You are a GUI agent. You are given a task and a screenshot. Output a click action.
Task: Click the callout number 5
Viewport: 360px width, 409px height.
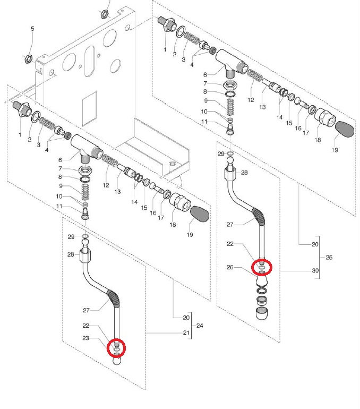click(32, 29)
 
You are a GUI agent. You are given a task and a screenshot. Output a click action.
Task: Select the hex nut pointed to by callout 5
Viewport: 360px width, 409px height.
click(29, 58)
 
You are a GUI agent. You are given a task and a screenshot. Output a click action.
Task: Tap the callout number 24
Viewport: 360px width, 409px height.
click(200, 325)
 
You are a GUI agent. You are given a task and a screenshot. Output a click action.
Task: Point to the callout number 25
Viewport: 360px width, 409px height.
click(329, 257)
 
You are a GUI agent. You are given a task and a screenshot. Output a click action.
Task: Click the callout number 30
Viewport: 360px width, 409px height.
click(315, 270)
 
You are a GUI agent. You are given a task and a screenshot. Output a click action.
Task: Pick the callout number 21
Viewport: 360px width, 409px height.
click(186, 333)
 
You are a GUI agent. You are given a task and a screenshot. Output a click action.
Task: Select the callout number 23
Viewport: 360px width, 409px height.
click(86, 338)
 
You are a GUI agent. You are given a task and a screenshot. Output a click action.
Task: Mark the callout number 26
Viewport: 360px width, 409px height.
click(230, 267)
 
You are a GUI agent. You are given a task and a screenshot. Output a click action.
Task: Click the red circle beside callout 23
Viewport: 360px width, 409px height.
click(116, 348)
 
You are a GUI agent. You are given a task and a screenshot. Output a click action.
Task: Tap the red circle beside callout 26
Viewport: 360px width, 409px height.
click(262, 267)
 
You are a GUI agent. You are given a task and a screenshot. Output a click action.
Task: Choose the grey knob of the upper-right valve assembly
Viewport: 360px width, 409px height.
click(344, 129)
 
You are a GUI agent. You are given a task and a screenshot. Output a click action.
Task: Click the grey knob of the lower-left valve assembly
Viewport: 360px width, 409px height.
click(200, 214)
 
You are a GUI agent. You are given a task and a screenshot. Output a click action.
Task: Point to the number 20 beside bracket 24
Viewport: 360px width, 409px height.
click(186, 318)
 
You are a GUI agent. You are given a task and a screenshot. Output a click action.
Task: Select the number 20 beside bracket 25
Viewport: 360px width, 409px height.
click(315, 244)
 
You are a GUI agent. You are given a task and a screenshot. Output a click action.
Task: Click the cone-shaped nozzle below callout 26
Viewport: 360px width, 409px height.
click(262, 280)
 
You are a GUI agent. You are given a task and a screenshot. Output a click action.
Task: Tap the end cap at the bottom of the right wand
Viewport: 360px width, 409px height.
click(261, 313)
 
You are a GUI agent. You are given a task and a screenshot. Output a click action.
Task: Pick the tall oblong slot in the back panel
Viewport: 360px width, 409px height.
click(89, 61)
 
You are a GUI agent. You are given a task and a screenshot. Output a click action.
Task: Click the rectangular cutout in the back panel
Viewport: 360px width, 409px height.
click(89, 109)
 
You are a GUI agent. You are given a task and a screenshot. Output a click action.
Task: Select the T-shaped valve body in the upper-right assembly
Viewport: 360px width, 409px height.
click(230, 62)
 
